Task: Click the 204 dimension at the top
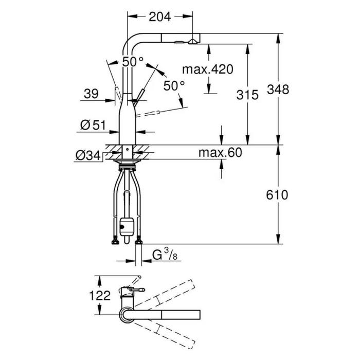click(x=160, y=16)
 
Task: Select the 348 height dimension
click(x=278, y=89)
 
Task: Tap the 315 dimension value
click(x=247, y=95)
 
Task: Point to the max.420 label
click(x=208, y=69)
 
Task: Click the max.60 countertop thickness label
click(x=220, y=152)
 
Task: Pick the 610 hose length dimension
click(x=277, y=195)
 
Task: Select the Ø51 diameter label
click(x=93, y=125)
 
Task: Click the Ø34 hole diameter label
click(x=88, y=156)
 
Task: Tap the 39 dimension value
click(x=91, y=94)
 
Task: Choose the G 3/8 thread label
click(x=165, y=255)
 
